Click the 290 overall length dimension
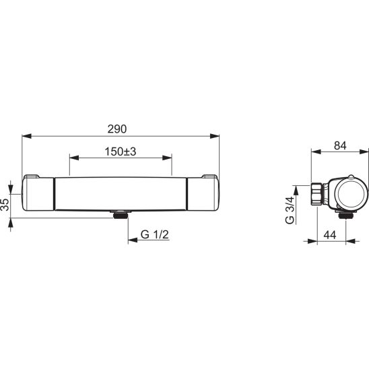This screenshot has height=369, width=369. pyautogui.click(x=117, y=129)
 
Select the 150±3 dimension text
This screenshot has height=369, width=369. pyautogui.click(x=121, y=152)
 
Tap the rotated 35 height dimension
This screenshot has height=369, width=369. pyautogui.click(x=5, y=205)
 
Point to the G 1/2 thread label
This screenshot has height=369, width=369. pyautogui.click(x=155, y=234)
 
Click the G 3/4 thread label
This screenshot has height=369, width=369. pyautogui.click(x=290, y=210)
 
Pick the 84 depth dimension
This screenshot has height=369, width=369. pyautogui.click(x=340, y=145)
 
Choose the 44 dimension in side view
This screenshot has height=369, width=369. pyautogui.click(x=330, y=235)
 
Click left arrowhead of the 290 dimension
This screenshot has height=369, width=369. pyautogui.click(x=26, y=136)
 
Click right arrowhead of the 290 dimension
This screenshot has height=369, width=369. pyautogui.click(x=214, y=136)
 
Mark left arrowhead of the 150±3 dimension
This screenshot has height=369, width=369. pyautogui.click(x=74, y=158)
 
